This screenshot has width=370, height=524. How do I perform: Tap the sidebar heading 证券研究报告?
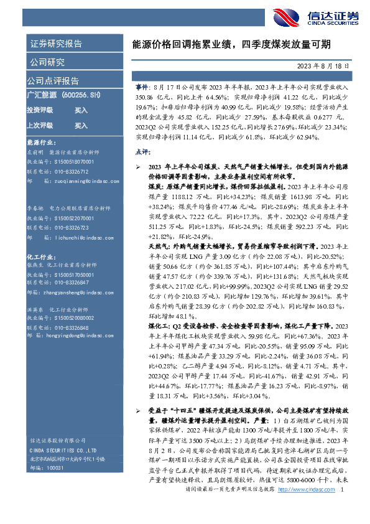[x=55, y=44]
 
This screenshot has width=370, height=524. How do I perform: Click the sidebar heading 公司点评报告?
[x=53, y=81]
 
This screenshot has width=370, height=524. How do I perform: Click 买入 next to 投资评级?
[x=81, y=110]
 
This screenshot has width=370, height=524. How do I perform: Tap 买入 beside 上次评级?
[x=81, y=125]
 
